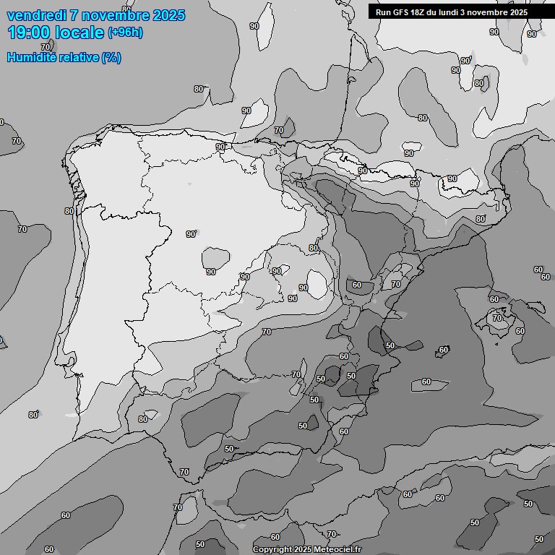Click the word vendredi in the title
[x=37, y=15]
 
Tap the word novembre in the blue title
[x=119, y=15]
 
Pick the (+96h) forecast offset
[x=126, y=33]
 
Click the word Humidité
[x=30, y=57]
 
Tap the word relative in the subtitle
[x=77, y=57]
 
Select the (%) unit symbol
[x=111, y=57]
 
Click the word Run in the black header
[x=384, y=12]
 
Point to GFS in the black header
[x=401, y=12]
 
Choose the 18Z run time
[x=419, y=12]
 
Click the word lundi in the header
[x=448, y=12]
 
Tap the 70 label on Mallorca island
[x=497, y=317]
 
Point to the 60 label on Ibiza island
[x=444, y=350]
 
